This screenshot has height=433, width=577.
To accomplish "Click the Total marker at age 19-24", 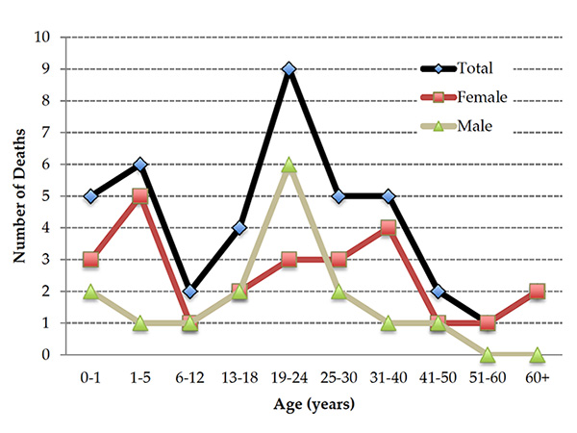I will [x=288, y=69].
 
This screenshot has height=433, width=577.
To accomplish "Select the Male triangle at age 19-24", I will [x=288, y=165].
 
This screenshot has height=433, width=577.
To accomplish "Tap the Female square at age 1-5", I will [x=140, y=196].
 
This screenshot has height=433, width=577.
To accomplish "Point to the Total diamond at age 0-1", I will [x=91, y=196].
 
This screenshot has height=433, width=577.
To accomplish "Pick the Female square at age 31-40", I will [x=388, y=228].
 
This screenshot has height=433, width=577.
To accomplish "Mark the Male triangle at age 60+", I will [x=537, y=354].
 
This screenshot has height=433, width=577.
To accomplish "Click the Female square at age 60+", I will [x=537, y=291].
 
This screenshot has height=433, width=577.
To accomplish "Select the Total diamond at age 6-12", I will [x=190, y=291].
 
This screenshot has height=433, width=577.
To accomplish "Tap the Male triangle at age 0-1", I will [x=91, y=291].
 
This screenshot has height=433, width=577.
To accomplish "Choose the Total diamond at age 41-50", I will [x=438, y=291].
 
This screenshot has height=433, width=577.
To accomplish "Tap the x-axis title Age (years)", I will [x=314, y=405].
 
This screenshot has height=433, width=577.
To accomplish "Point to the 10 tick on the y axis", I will [x=43, y=38].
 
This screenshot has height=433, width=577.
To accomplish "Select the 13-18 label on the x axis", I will [x=239, y=377].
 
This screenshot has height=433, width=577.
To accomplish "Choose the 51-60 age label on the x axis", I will [x=487, y=377].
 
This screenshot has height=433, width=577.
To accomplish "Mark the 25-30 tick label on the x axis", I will [x=339, y=377].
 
